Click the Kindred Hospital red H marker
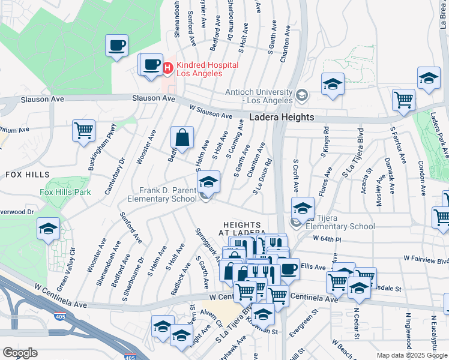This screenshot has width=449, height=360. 167,68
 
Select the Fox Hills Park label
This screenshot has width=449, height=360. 65,193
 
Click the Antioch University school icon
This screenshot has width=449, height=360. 301,95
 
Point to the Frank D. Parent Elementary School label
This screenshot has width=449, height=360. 162,194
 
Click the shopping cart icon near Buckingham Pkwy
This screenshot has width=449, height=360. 84,131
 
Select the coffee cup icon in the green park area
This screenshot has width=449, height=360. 116,45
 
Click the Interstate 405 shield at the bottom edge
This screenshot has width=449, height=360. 130,357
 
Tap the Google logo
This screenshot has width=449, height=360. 20,353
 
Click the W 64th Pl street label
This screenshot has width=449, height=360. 327,238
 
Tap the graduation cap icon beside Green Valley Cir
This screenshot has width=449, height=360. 48,229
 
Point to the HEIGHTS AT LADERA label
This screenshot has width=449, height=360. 241,227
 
